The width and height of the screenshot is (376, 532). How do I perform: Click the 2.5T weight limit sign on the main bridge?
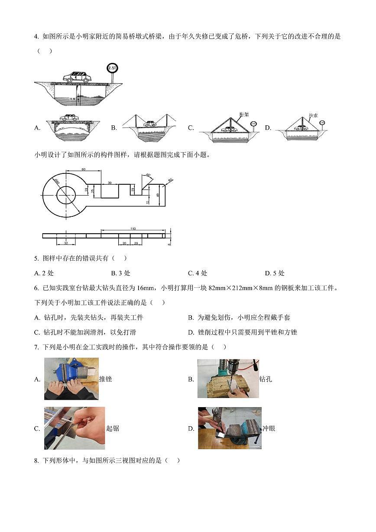pos(112,68)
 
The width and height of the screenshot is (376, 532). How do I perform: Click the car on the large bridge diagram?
pos(77,77)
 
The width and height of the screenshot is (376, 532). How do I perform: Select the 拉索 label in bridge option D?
pos(313,116)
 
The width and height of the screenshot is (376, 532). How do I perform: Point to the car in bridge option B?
pos(149,124)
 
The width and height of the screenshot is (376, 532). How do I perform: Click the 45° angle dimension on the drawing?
pos(148,175)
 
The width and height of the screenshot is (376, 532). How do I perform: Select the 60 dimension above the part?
pos(83,169)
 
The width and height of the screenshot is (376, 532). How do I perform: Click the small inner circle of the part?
pos(66,194)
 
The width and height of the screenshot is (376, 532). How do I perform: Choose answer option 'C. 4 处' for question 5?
pos(198,273)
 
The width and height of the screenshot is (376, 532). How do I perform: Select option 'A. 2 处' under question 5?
pos(44,273)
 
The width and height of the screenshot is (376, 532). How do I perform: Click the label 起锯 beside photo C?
pos(113,428)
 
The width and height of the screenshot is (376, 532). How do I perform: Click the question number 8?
pos(36,460)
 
